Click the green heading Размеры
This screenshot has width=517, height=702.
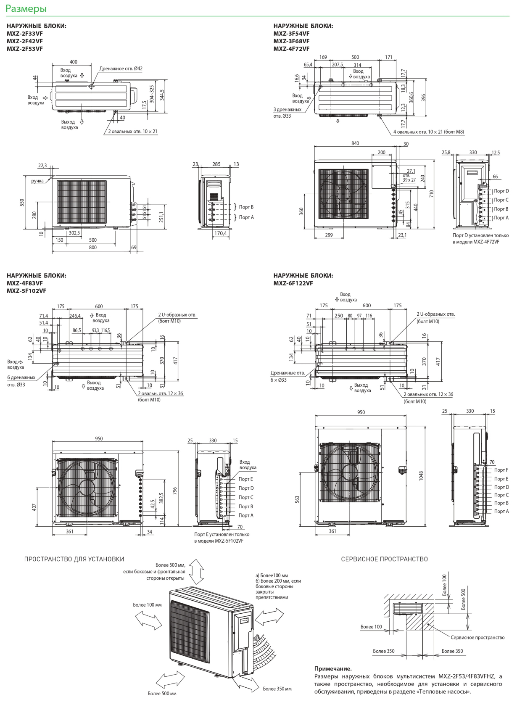pos(26,9)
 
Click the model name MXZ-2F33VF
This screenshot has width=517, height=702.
pos(25,34)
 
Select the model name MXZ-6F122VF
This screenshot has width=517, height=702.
pos(293,283)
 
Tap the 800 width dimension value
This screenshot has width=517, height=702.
pos(93,247)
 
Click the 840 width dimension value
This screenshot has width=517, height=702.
pos(355,143)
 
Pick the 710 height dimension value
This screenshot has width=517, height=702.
pos(432,194)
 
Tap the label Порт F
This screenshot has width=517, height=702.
pos(501,470)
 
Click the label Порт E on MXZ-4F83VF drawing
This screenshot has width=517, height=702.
pos(245,479)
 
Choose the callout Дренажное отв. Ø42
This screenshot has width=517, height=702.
pos(121,69)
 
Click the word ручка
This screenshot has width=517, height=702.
pos(37,181)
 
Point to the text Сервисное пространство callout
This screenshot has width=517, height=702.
pos(477,637)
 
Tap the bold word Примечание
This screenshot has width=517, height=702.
pos(333,669)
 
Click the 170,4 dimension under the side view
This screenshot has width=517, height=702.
pos(220,233)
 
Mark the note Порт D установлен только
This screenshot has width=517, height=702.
pos(481,235)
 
